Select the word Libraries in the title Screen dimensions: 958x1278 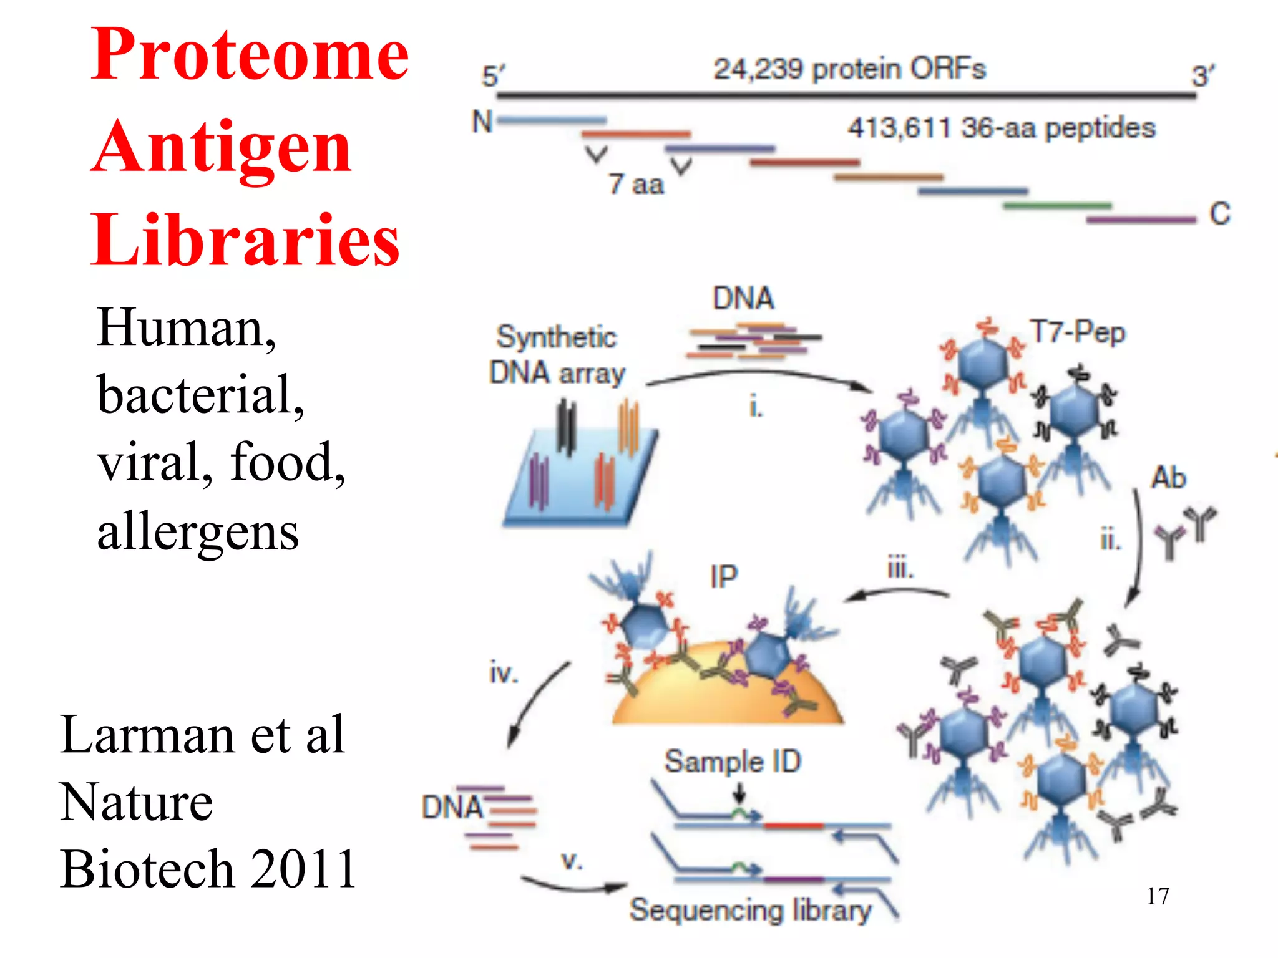click(245, 241)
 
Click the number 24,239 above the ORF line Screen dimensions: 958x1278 click(758, 69)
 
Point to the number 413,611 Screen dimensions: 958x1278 click(899, 128)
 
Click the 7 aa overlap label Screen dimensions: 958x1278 click(636, 185)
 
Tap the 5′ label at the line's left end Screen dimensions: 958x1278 click(492, 76)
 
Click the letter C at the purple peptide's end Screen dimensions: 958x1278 click(1219, 213)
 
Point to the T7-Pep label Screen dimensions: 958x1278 click(1077, 332)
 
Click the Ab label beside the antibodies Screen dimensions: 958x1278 click(1168, 478)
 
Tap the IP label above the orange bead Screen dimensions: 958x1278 click(724, 576)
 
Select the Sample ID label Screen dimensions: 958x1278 click(733, 762)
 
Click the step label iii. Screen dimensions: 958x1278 click(900, 568)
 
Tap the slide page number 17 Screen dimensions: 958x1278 click(1158, 896)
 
